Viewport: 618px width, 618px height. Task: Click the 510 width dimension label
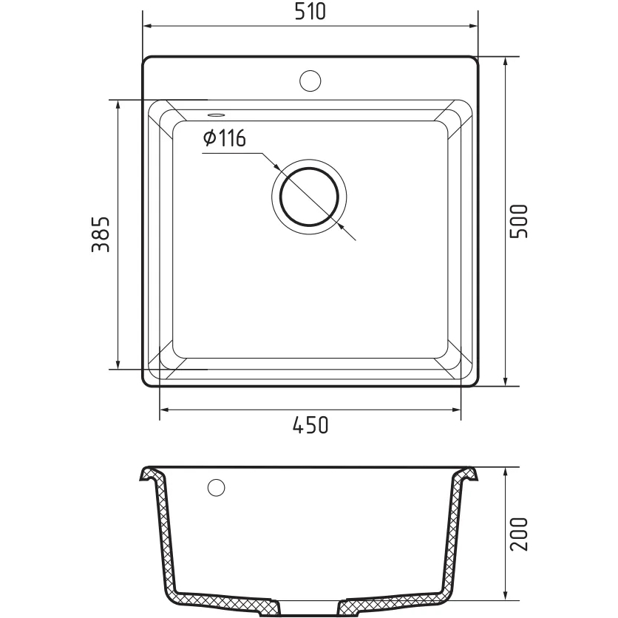pos(310,11)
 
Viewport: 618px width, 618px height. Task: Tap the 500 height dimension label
pos(518,221)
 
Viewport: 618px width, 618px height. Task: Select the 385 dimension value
pos(100,234)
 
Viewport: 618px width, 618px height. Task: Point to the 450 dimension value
pos(310,425)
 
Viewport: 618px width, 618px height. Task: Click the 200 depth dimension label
pos(518,534)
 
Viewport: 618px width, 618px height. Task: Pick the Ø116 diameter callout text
pos(225,138)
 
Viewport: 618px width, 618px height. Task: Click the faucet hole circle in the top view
pos(310,81)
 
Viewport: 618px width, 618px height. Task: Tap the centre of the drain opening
pos(310,197)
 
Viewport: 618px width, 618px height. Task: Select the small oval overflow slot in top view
pos(216,115)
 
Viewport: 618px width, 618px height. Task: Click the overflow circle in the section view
pos(216,488)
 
